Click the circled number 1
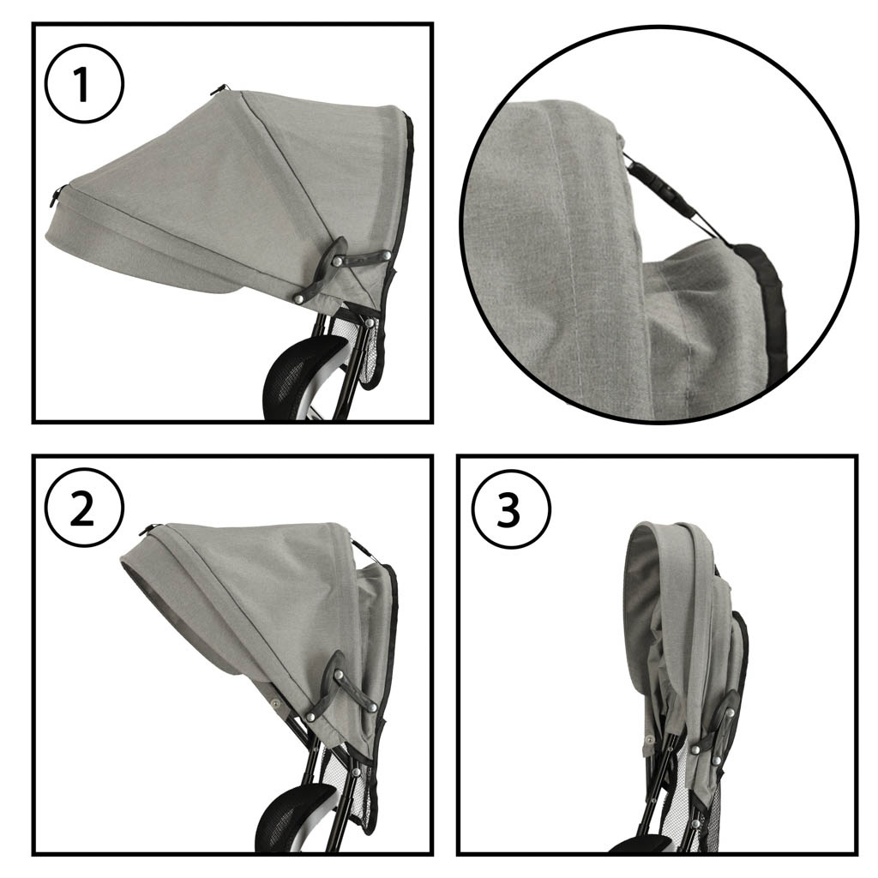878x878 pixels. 84,85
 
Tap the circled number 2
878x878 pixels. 84,509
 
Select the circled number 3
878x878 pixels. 508,509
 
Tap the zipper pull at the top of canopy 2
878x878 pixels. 149,528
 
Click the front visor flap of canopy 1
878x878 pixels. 140,257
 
